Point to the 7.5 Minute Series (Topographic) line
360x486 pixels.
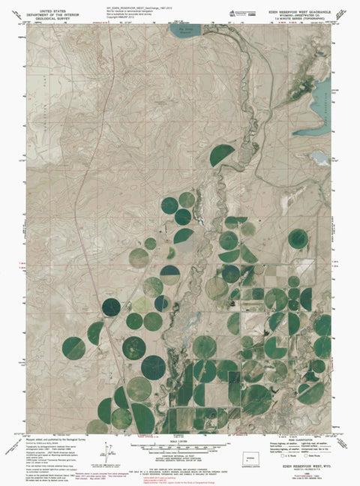pyautogui.click(x=310, y=18)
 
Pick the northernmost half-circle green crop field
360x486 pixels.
pyautogui.click(x=222, y=155)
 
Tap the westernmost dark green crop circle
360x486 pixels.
pyautogui.click(x=73, y=347)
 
